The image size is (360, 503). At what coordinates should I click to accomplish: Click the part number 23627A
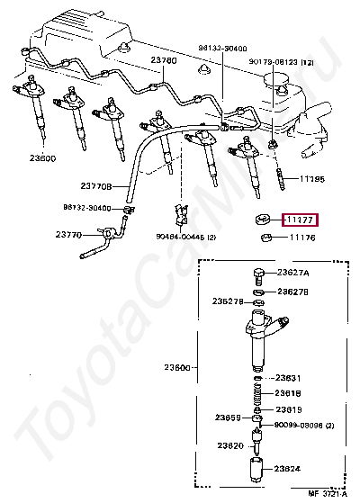[292, 273]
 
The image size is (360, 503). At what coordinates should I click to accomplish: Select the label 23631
[288, 379]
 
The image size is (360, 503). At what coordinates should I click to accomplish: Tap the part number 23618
[288, 393]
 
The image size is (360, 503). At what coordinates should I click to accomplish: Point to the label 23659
[227, 418]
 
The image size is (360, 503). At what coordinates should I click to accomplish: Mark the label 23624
[288, 468]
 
